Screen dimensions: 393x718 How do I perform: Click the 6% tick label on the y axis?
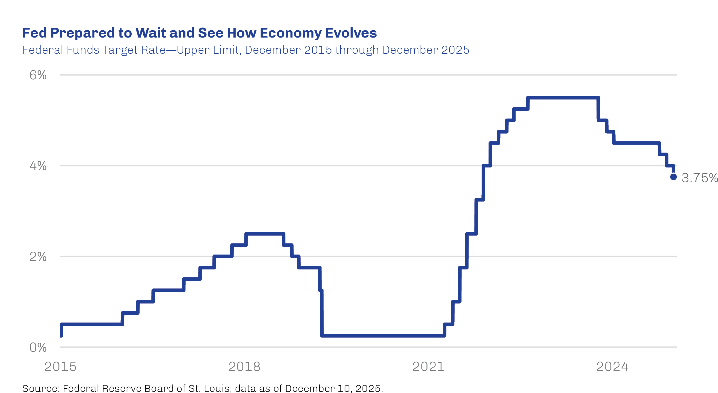(38, 75)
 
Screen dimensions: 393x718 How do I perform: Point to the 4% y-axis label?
(38, 166)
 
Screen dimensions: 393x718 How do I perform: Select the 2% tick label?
(38, 256)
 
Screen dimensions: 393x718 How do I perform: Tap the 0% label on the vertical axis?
(38, 347)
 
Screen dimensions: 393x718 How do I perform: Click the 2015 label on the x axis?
(60, 367)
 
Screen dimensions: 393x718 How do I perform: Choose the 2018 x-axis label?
(244, 367)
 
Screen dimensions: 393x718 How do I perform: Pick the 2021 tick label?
(428, 367)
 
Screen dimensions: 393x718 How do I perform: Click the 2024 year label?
(612, 367)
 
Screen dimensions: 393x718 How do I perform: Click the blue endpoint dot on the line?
(673, 177)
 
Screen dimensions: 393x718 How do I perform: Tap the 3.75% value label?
(699, 178)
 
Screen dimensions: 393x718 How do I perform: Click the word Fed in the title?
(34, 33)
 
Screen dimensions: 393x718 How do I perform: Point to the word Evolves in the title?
(351, 33)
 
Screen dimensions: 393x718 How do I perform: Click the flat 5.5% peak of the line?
(563, 98)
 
